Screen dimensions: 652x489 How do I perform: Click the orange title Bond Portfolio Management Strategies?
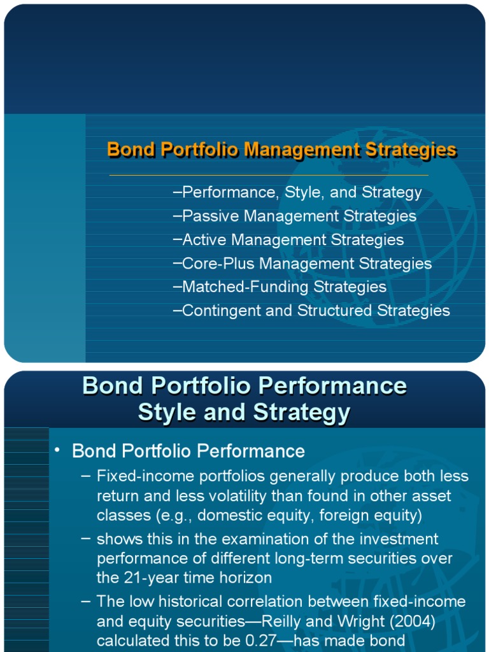pyautogui.click(x=281, y=150)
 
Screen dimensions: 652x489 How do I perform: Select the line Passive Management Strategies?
pyautogui.click(x=295, y=216)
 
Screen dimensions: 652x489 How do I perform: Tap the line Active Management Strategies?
pyautogui.click(x=288, y=240)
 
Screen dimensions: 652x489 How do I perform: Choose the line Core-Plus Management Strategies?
pyautogui.click(x=302, y=264)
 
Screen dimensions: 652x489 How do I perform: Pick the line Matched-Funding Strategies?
pyautogui.click(x=280, y=287)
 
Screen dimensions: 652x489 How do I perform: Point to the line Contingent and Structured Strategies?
pyautogui.click(x=311, y=311)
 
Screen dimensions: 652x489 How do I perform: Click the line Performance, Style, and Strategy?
pyautogui.click(x=297, y=192)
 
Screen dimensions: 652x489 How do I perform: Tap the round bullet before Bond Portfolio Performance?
pyautogui.click(x=57, y=451)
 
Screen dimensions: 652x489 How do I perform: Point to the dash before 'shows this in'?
pyautogui.click(x=86, y=539)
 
